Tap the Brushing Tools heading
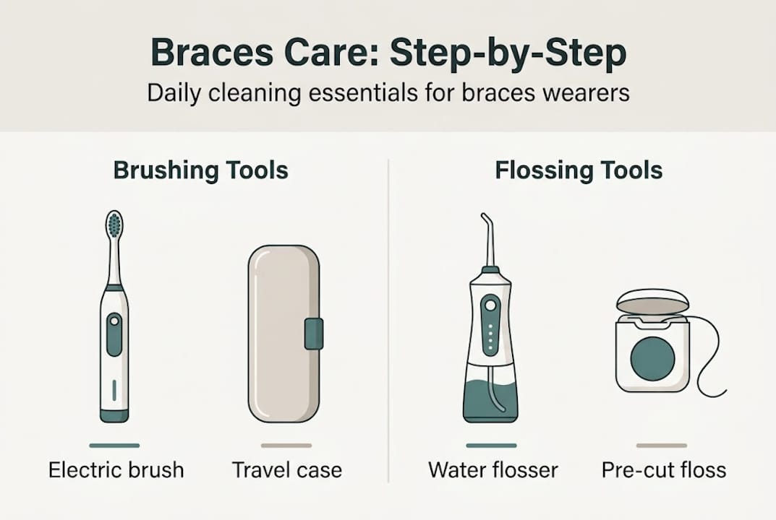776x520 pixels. pyautogui.click(x=200, y=170)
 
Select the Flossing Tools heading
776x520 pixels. pyautogui.click(x=579, y=170)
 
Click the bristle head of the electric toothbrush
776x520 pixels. pyautogui.click(x=114, y=225)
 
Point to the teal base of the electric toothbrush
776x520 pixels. pyautogui.click(x=114, y=415)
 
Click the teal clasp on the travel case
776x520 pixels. pyautogui.click(x=313, y=334)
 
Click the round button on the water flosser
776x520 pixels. pyautogui.click(x=491, y=305)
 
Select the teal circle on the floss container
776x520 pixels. pyautogui.click(x=652, y=358)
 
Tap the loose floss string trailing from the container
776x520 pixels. pyautogui.click(x=712, y=361)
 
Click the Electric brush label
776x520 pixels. pyautogui.click(x=116, y=470)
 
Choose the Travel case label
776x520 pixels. pyautogui.click(x=287, y=470)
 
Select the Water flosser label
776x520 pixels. pyautogui.click(x=493, y=470)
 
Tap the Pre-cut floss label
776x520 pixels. pyautogui.click(x=663, y=470)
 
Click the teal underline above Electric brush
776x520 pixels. pyautogui.click(x=114, y=446)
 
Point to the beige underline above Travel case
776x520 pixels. pyautogui.click(x=286, y=446)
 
